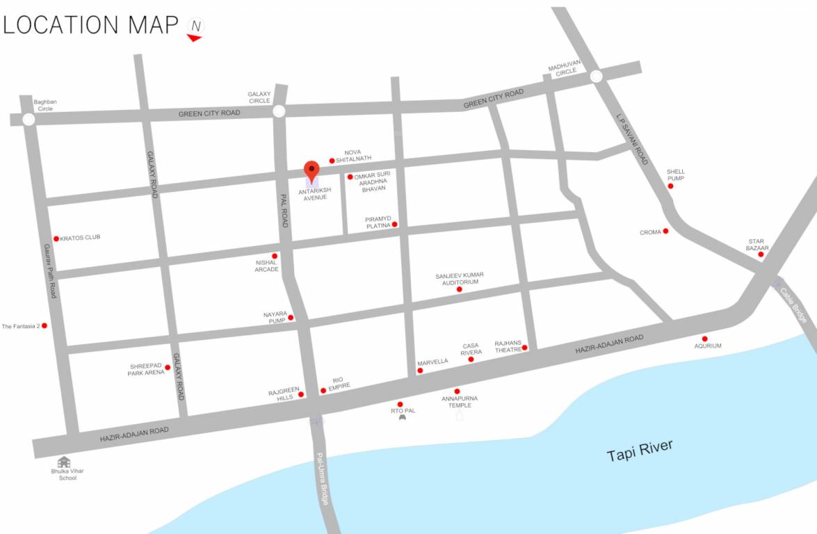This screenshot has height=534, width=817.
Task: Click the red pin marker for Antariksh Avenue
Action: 312,170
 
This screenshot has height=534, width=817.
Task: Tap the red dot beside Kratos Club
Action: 56,238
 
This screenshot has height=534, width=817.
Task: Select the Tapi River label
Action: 640,451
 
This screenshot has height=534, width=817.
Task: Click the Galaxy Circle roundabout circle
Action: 279,111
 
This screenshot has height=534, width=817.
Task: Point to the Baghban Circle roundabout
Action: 29,120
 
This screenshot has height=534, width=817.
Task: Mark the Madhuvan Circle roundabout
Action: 596,77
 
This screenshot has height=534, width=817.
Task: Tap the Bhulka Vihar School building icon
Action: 64,462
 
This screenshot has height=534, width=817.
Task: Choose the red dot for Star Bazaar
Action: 761,254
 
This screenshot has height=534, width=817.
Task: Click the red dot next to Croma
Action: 665,231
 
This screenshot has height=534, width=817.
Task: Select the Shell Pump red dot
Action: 670,186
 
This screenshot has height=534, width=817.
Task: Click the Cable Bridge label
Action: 793,305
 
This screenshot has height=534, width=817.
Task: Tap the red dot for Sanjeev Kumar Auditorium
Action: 459,289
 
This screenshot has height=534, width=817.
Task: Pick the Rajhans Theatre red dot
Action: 525,348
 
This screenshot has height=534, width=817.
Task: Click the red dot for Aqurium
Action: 704,339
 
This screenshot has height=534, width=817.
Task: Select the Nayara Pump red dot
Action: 291,318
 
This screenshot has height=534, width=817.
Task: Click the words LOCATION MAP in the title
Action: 91,25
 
